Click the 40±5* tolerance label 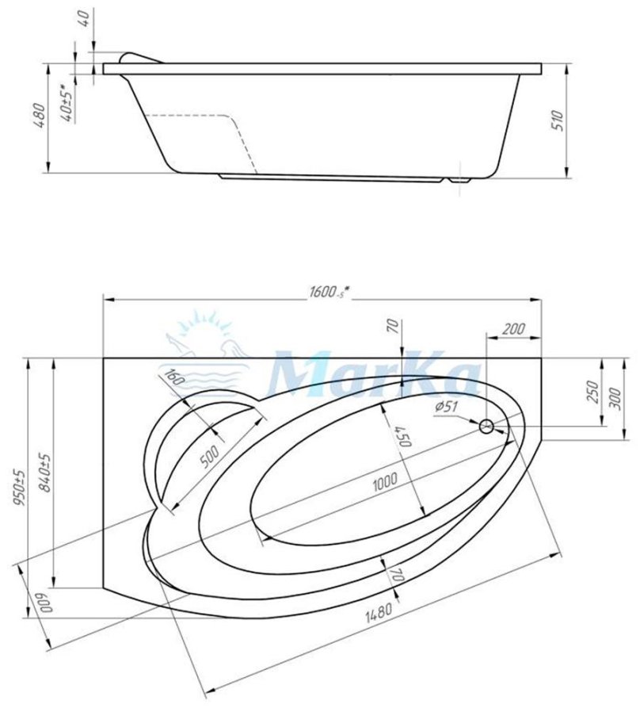pos(70,102)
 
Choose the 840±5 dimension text pos(47,473)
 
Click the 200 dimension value pos(512,329)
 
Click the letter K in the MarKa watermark pos(413,373)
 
